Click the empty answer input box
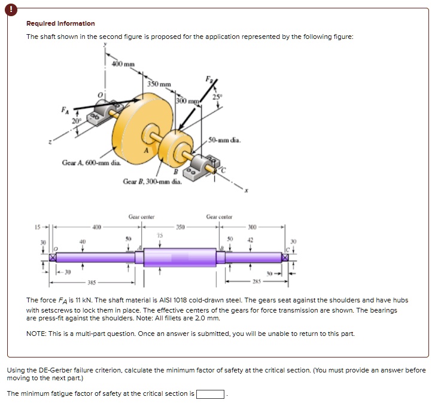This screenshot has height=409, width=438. tap(211, 394)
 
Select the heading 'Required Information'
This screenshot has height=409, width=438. tap(60, 24)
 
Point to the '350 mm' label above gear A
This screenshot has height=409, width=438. tap(159, 84)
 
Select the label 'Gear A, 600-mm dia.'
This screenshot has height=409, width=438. tap(91, 163)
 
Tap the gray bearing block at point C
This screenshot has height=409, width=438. tap(206, 163)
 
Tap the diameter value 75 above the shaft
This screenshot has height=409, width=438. tap(159, 235)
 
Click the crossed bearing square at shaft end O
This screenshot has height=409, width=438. tap(53, 257)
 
